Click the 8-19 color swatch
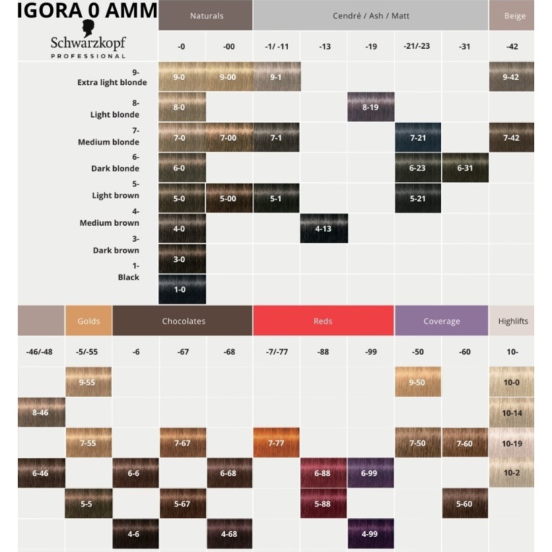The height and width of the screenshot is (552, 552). (x=370, y=107)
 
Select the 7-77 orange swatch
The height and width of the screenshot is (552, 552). (x=276, y=443)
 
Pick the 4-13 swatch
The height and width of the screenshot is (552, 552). (x=324, y=229)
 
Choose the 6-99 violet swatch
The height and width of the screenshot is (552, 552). (x=370, y=473)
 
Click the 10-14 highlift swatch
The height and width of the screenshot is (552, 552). (x=512, y=413)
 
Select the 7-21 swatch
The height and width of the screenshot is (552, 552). (x=418, y=137)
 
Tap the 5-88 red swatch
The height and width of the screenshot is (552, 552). (x=323, y=504)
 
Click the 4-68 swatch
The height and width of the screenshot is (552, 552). (x=229, y=534)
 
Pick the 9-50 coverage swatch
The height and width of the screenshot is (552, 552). (x=418, y=382)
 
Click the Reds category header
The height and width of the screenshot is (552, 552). (x=323, y=321)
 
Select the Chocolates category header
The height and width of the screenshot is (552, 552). (x=183, y=321)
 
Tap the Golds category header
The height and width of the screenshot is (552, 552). (x=88, y=321)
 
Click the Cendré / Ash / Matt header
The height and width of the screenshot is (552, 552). (x=370, y=15)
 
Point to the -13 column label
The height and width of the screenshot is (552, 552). (x=324, y=46)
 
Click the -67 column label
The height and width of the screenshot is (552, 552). (x=183, y=352)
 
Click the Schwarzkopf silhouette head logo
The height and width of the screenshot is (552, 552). (x=88, y=28)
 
